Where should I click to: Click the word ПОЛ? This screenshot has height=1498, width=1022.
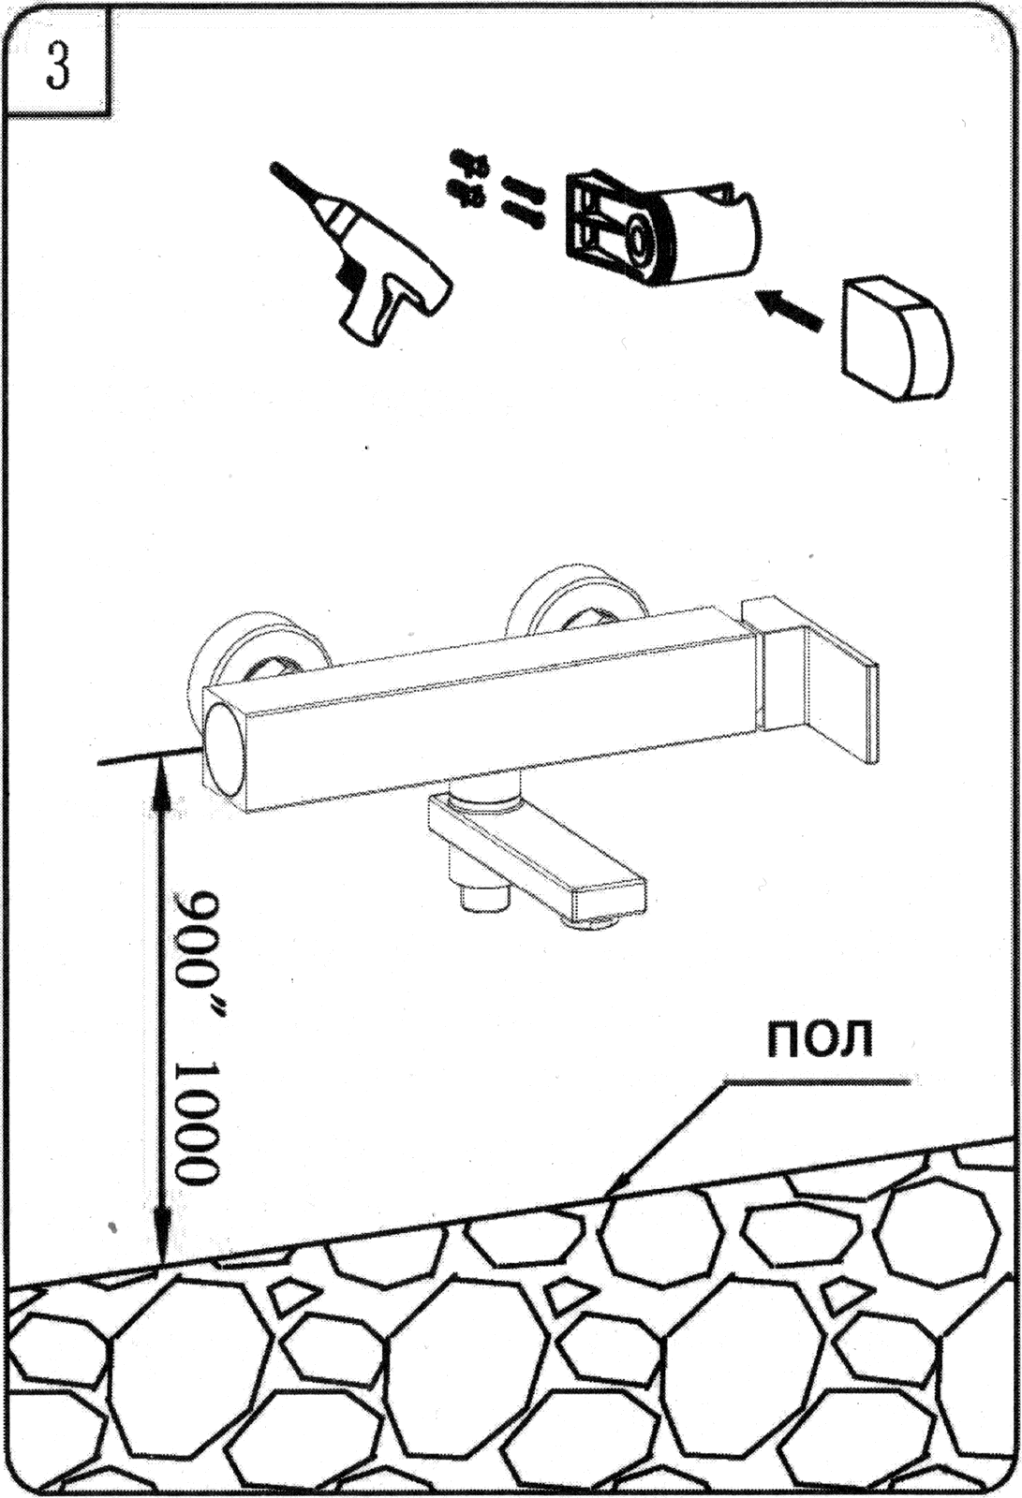(x=820, y=1037)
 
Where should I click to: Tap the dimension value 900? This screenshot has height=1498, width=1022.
(x=199, y=941)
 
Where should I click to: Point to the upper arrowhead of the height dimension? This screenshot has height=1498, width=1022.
(x=160, y=779)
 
